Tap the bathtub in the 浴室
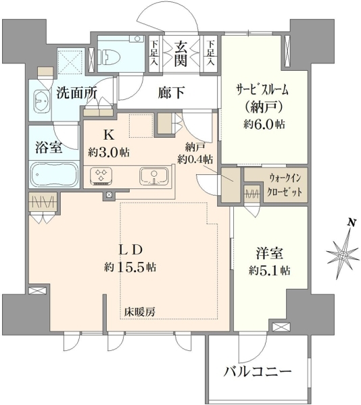(x=55, y=174)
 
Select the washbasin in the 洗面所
(x=42, y=100)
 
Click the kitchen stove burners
(x=101, y=176)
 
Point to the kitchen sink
(x=154, y=176)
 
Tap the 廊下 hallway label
(x=171, y=93)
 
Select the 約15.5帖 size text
(x=130, y=267)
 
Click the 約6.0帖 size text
(x=264, y=125)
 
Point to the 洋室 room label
(x=270, y=253)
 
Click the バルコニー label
(x=258, y=372)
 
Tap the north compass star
(x=343, y=255)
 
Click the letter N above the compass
(x=351, y=222)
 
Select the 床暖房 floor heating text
(x=140, y=312)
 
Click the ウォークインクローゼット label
(x=285, y=185)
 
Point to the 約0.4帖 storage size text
(x=195, y=159)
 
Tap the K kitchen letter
(x=109, y=135)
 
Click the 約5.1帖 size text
(x=270, y=271)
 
